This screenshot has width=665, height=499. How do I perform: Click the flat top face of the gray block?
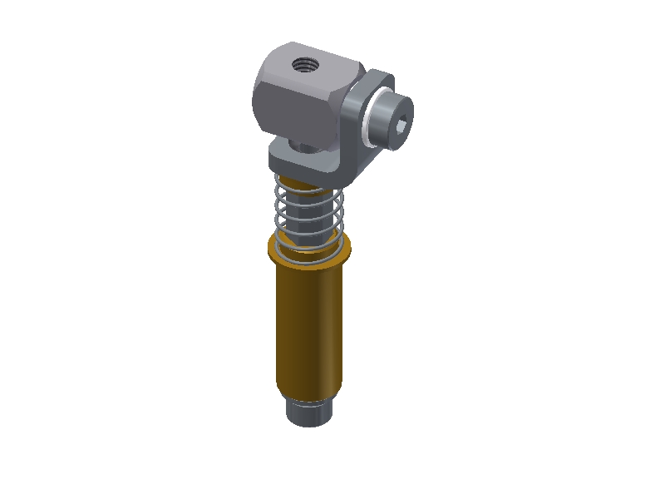316,61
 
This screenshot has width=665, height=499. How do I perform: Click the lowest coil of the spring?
308,249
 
